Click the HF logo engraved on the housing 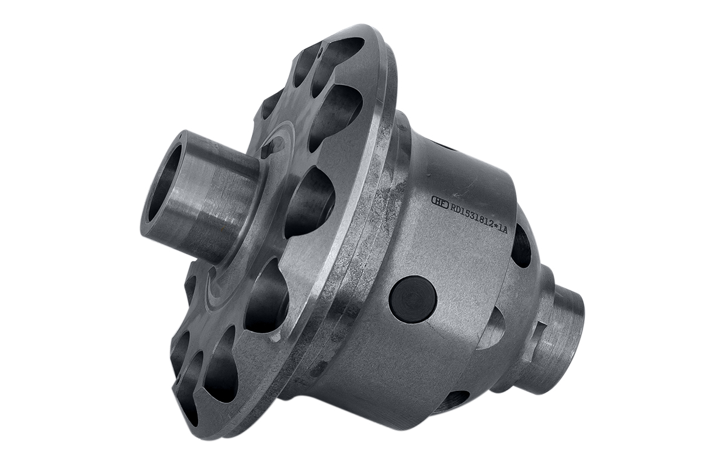point(440,201)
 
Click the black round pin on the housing point(412,299)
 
